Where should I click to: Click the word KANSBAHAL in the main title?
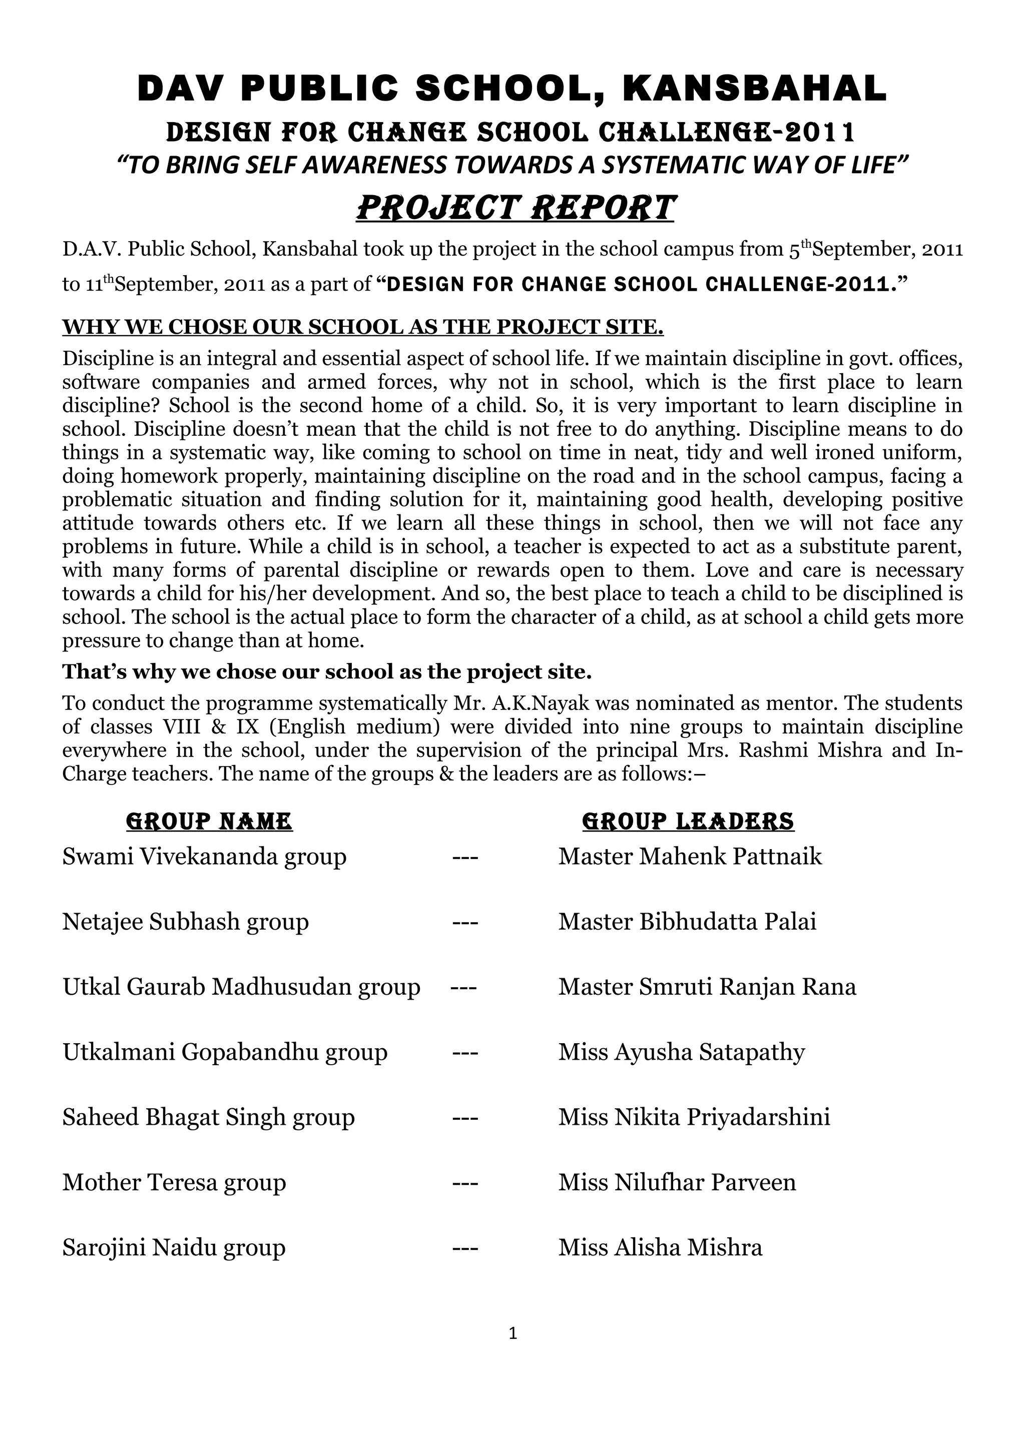coord(755,89)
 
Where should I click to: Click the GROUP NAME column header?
coord(210,822)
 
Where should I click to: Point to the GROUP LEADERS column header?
coord(688,822)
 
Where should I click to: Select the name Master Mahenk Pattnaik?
coord(690,857)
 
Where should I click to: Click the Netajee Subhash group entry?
coord(186,922)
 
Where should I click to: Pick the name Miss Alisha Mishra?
coord(660,1248)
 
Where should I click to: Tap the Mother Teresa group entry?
coord(174,1183)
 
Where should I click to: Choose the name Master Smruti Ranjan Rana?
coord(707,987)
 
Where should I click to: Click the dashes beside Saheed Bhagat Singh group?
coord(465,1118)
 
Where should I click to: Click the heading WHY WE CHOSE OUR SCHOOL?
coord(362,327)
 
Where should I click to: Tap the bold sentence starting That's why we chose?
coord(326,672)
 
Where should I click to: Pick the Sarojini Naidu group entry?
coord(174,1248)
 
